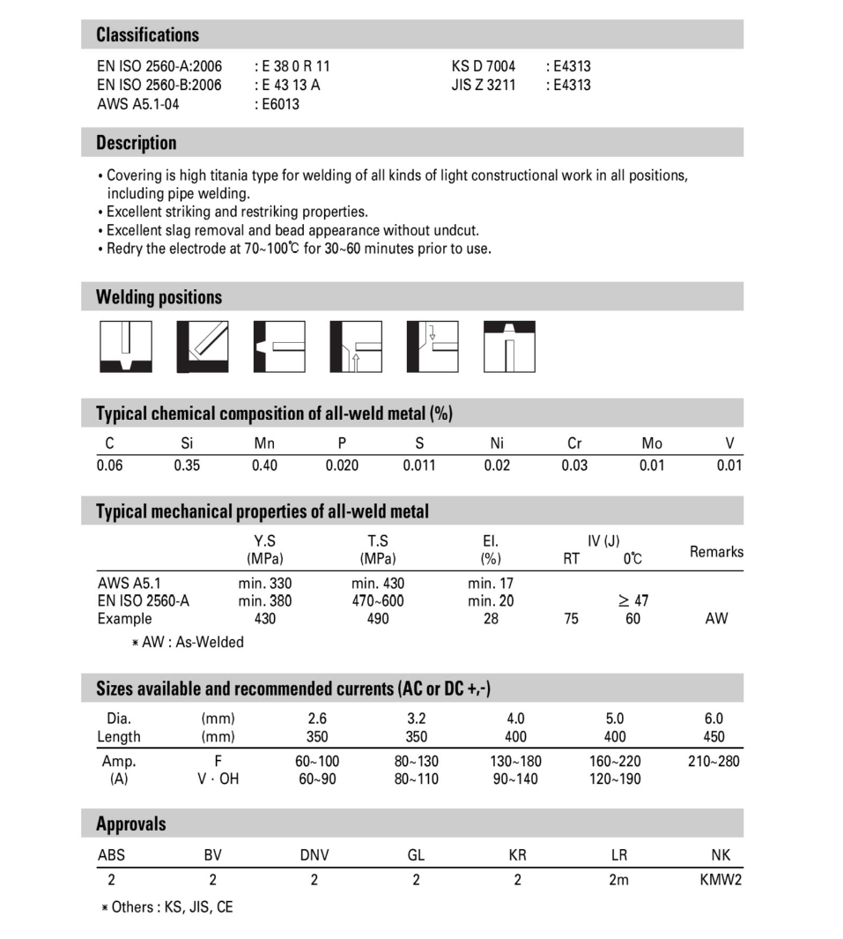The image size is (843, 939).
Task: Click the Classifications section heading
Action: tap(147, 35)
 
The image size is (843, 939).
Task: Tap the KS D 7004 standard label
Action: tap(484, 66)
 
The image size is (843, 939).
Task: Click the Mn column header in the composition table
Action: tap(264, 443)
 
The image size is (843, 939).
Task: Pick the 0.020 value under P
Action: tap(342, 466)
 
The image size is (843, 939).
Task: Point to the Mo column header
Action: tap(652, 443)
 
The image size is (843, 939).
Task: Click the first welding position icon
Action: tap(125, 347)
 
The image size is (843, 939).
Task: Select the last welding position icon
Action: tap(509, 347)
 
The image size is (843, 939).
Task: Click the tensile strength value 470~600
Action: tap(378, 600)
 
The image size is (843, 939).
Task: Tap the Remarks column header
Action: tap(716, 552)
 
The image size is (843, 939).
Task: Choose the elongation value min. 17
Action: tap(491, 583)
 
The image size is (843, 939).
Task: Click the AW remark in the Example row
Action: tap(716, 619)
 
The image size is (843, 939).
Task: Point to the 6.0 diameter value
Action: tap(714, 719)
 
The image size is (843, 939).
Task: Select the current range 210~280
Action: tap(714, 761)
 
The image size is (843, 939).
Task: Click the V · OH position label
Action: tap(218, 779)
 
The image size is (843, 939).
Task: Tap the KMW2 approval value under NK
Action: tap(721, 880)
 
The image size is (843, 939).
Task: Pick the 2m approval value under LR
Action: tap(618, 880)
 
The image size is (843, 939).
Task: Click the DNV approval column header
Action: tap(314, 855)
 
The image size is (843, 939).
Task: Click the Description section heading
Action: tap(136, 143)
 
